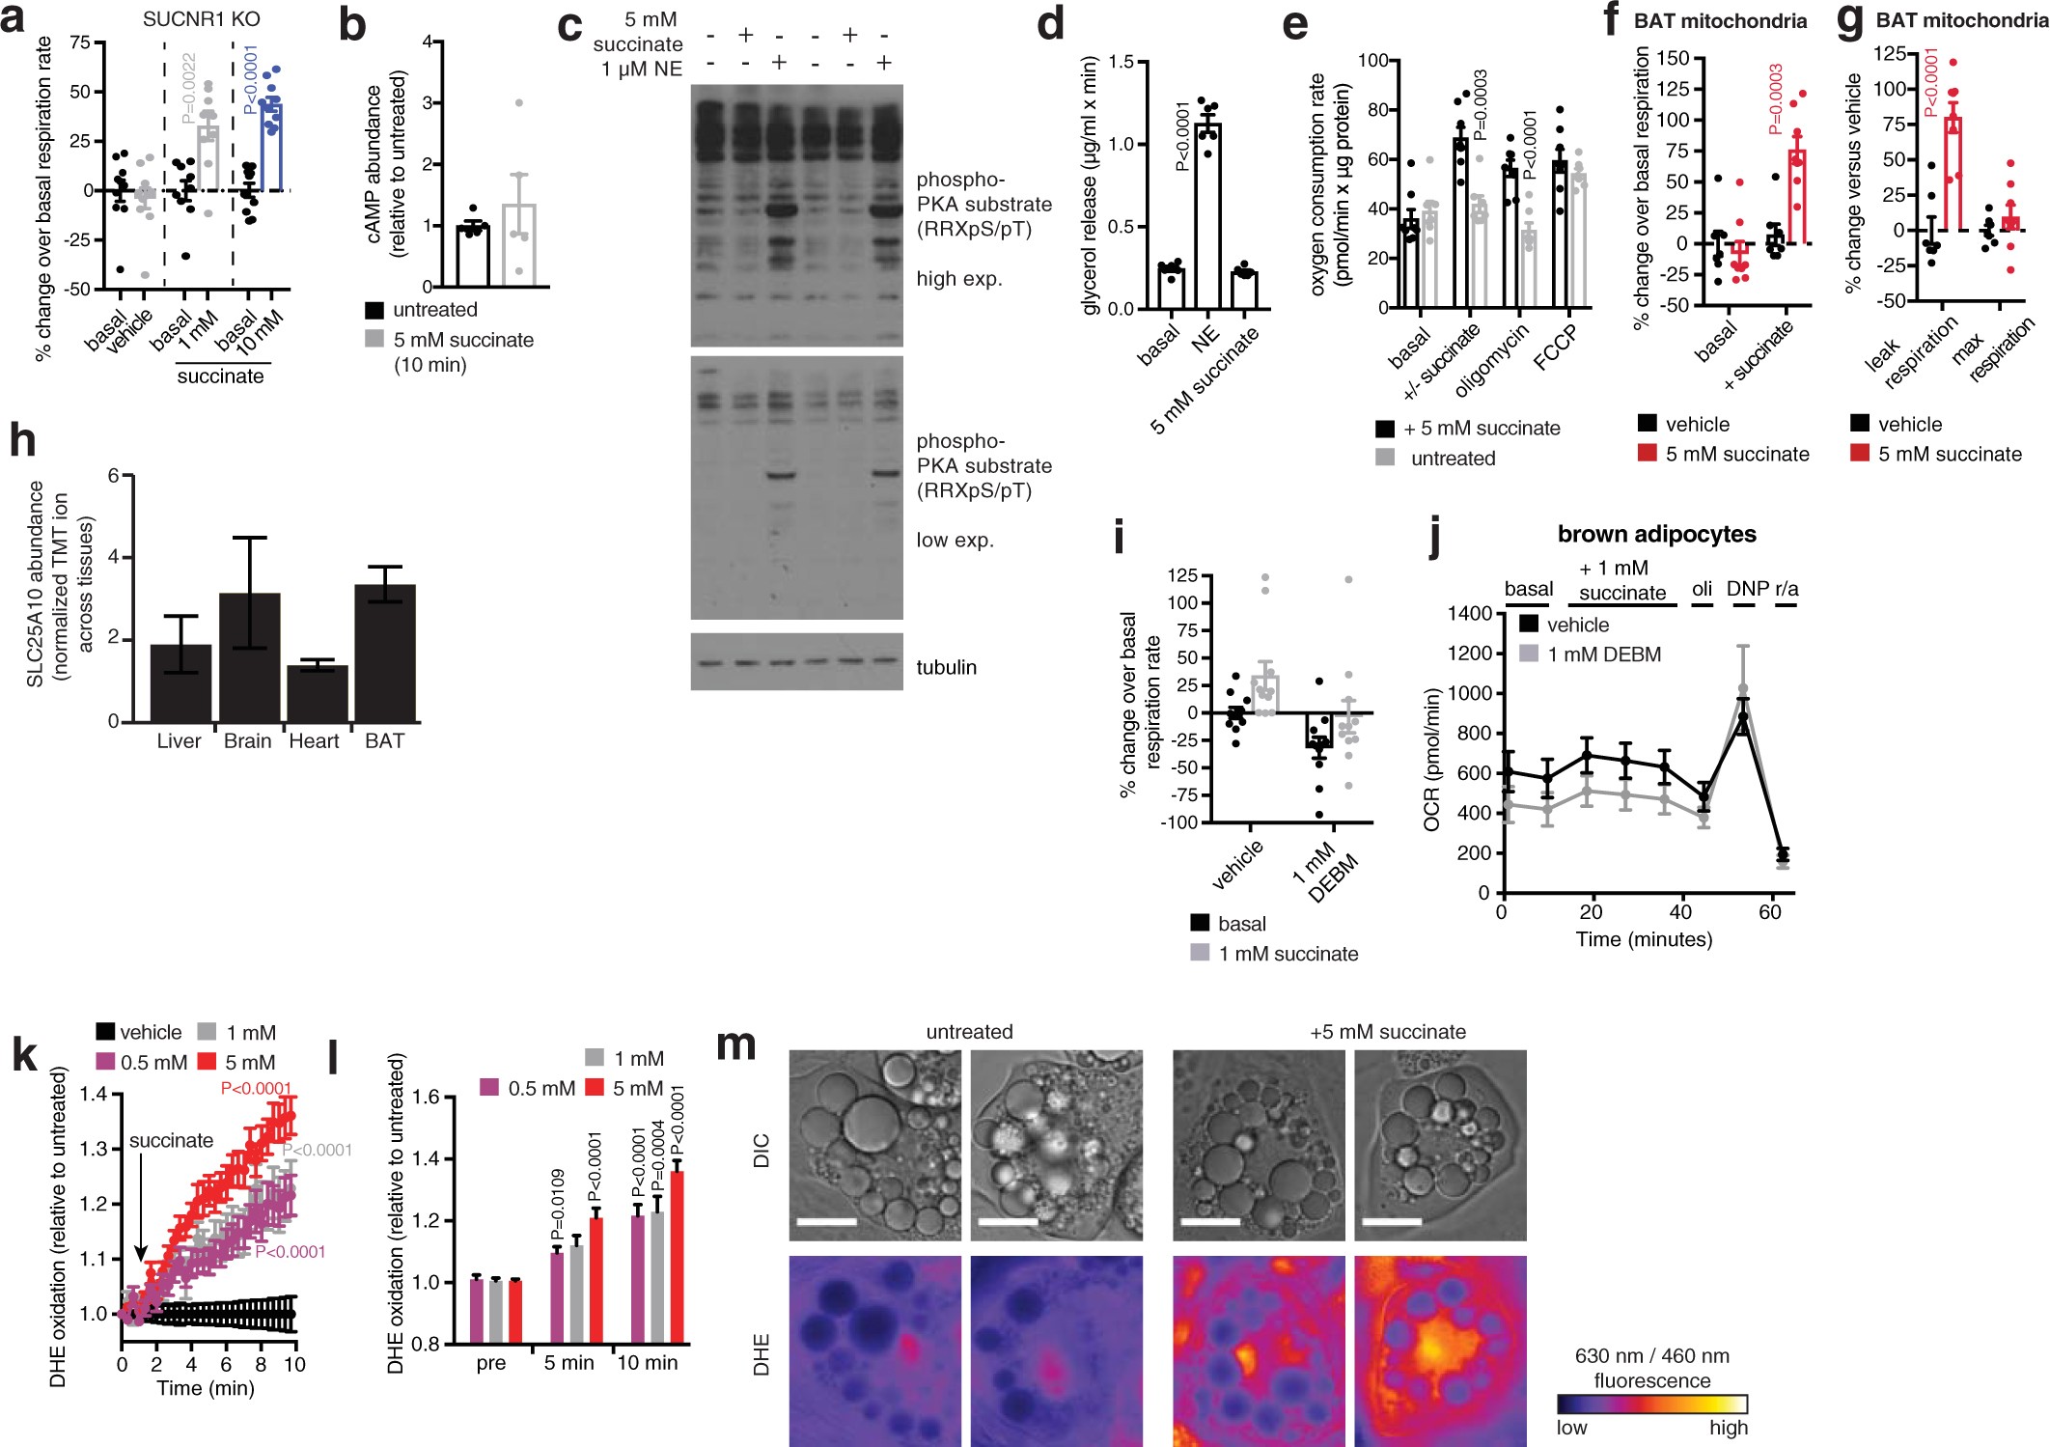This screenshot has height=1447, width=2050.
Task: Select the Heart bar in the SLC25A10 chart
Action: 318,693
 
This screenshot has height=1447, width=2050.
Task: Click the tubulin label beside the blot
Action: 946,667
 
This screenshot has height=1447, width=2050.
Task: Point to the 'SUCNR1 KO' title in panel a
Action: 201,19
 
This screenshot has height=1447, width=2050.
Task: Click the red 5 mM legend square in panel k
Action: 207,1061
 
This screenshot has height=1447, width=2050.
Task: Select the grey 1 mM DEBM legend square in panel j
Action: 1529,654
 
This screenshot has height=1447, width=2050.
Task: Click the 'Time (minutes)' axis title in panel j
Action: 1644,939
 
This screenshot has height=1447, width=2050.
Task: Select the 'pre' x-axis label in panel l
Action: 491,1363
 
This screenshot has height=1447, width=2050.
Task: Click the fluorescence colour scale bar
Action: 1651,1404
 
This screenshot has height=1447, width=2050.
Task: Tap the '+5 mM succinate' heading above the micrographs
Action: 1387,1032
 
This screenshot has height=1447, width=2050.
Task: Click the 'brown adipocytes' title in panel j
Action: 1656,534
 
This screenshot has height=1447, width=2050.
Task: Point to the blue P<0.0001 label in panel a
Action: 251,79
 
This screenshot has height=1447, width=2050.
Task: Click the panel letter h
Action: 22,440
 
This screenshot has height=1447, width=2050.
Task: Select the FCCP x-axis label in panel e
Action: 1555,348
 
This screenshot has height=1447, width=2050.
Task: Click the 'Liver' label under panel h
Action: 179,741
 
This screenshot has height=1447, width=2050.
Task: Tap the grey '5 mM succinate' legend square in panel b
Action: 374,340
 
